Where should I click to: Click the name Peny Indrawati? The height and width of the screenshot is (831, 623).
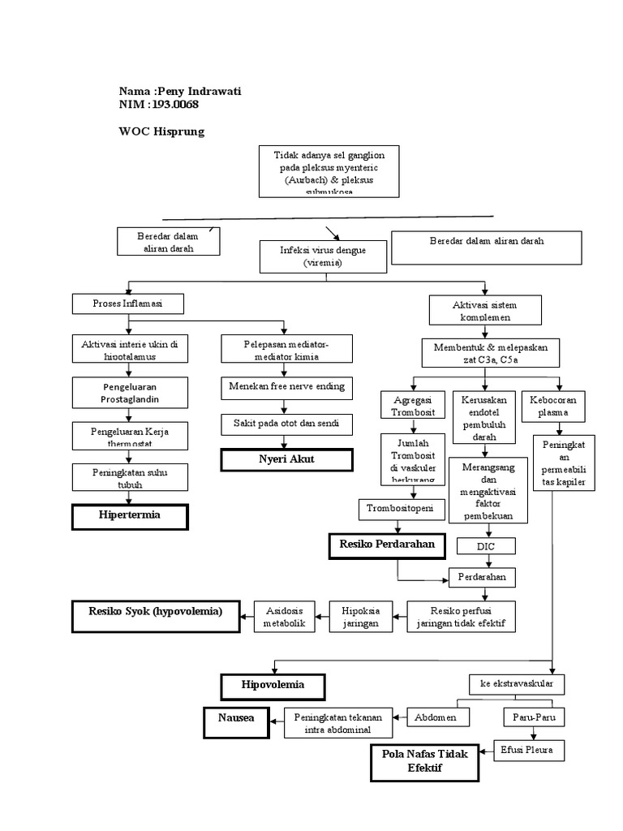[198, 91]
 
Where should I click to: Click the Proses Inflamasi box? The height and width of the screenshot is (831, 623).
[128, 304]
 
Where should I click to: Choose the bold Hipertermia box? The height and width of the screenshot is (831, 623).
[130, 517]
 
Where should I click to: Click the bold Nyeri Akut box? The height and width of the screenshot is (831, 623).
[287, 460]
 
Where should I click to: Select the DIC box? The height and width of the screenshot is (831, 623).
[486, 547]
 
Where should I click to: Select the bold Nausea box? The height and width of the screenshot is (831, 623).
[234, 721]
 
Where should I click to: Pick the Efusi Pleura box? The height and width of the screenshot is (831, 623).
[529, 750]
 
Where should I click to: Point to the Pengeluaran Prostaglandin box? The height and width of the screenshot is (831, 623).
[130, 393]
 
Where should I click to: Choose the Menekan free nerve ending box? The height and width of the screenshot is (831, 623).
[286, 387]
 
